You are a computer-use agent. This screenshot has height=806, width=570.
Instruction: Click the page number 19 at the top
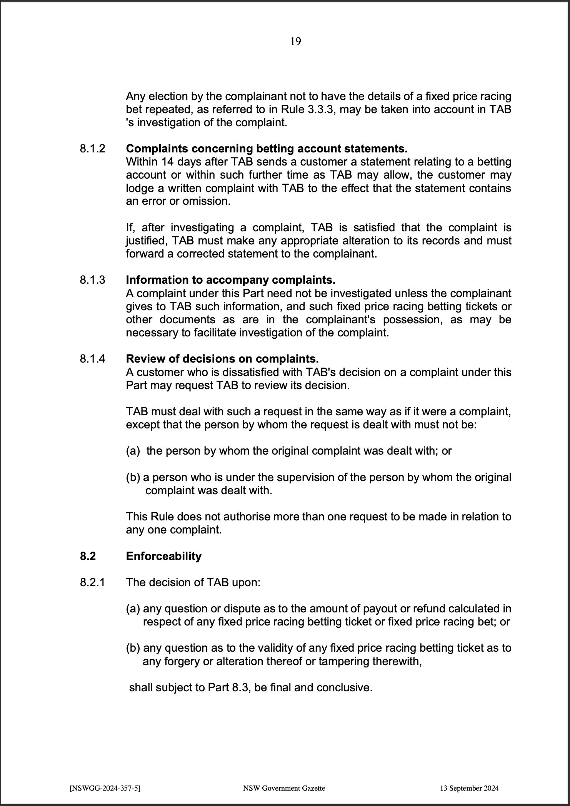point(295,42)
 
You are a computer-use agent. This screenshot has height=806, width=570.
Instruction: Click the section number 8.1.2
point(92,149)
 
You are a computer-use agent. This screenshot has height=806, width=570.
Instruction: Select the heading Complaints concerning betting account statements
point(267,149)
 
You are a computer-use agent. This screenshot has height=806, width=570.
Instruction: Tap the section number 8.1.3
point(92,280)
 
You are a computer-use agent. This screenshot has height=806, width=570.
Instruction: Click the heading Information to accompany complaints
point(231,280)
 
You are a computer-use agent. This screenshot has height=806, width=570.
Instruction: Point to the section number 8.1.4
point(92,359)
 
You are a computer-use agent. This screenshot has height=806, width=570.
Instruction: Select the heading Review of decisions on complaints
point(222,359)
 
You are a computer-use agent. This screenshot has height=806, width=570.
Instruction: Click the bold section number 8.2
point(88,556)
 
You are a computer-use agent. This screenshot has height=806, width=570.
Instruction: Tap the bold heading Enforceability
point(163,556)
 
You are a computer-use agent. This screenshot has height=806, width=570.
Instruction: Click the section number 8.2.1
point(92,582)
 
